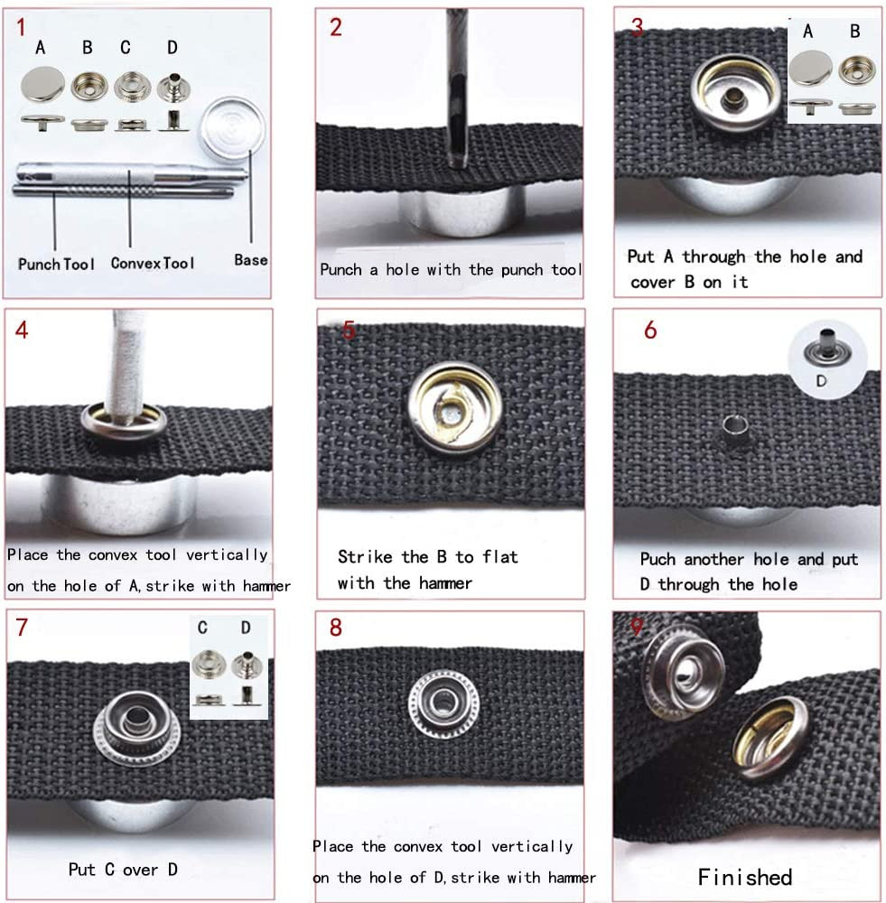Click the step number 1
point(20,27)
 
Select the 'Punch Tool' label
point(56,264)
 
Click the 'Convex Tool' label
point(153,263)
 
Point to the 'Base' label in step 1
point(251,259)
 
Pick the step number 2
point(336,27)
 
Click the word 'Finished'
point(745,876)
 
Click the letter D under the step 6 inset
point(821,381)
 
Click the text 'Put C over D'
point(123,870)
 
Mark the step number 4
point(22,330)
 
